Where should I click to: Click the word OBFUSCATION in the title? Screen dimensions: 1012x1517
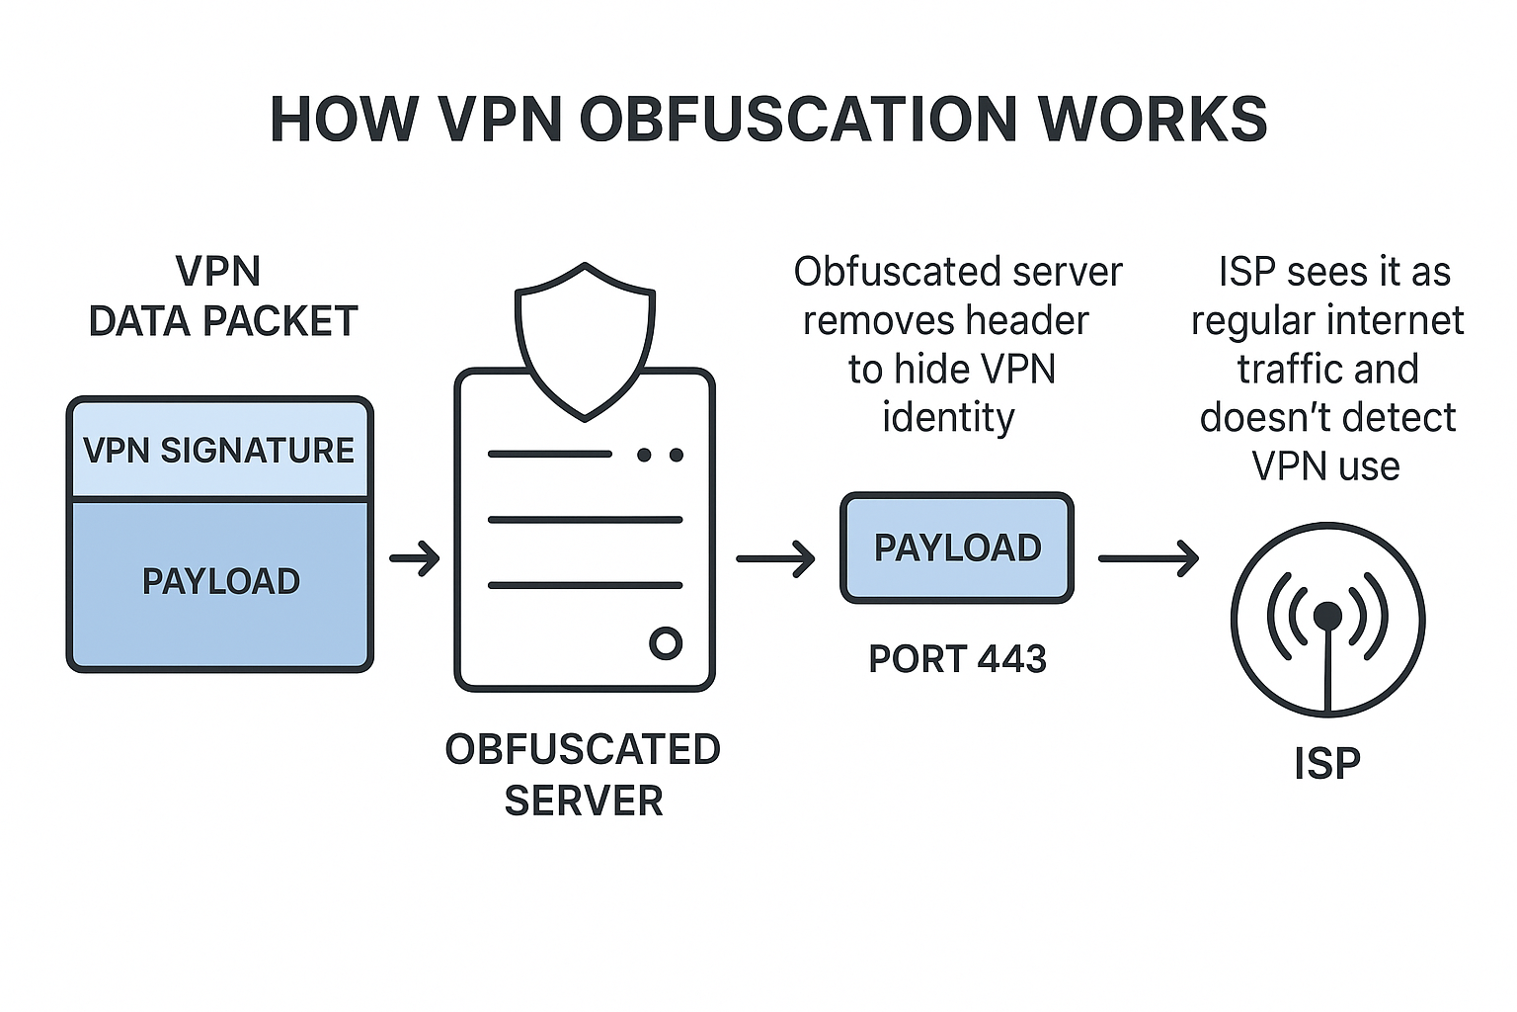tap(798, 120)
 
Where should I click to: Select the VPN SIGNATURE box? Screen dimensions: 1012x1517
tap(219, 451)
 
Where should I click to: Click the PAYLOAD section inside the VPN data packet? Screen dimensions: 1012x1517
tap(220, 582)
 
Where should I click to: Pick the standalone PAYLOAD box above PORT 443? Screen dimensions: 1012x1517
tap(957, 548)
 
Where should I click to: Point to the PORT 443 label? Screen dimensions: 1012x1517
tap(957, 659)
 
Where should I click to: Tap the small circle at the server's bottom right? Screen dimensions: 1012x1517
tap(666, 643)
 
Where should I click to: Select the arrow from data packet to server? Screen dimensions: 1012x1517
tap(415, 558)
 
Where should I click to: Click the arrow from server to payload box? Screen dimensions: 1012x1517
tap(775, 558)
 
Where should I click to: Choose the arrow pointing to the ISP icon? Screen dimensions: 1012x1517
tap(1149, 558)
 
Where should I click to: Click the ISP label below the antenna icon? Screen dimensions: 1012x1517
tap(1327, 764)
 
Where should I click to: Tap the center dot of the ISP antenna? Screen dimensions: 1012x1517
tap(1328, 616)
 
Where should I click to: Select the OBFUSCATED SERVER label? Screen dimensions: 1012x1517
tap(583, 775)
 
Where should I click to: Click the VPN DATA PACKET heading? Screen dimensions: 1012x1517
tap(222, 296)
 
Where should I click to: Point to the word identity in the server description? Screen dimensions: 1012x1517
tap(948, 418)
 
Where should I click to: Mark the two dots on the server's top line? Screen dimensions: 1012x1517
tap(660, 455)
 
